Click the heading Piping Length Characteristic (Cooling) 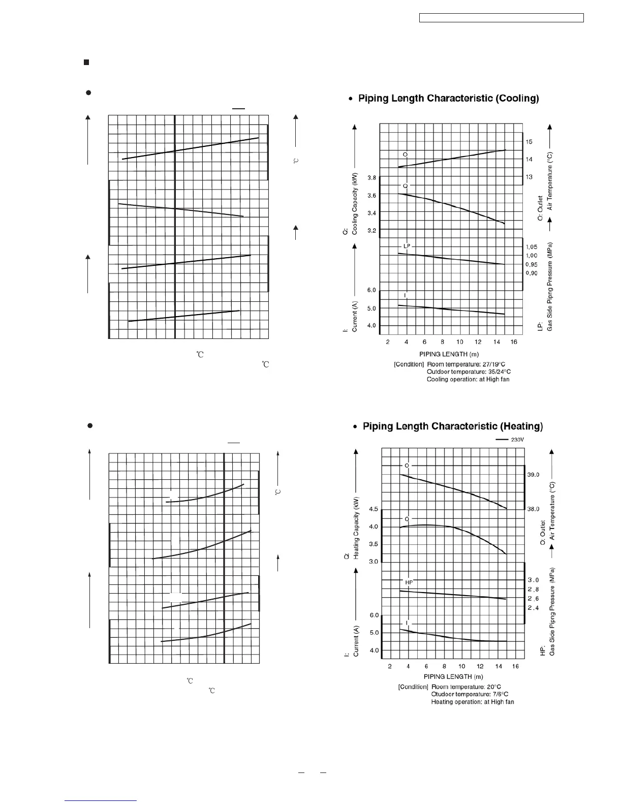pyautogui.click(x=449, y=99)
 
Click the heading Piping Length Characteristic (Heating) pyautogui.click(x=453, y=426)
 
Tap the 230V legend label pyautogui.click(x=517, y=440)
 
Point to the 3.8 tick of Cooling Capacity pyautogui.click(x=372, y=178)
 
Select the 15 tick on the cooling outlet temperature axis pyautogui.click(x=529, y=142)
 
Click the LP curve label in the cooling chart pyautogui.click(x=407, y=246)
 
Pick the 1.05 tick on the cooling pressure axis pyautogui.click(x=531, y=247)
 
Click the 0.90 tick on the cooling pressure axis pyautogui.click(x=531, y=273)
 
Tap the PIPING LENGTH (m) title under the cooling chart pyautogui.click(x=449, y=354)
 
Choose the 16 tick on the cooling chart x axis pyautogui.click(x=514, y=342)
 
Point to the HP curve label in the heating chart pyautogui.click(x=409, y=582)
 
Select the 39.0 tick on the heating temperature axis pyautogui.click(x=533, y=475)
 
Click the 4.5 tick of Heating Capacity pyautogui.click(x=374, y=509)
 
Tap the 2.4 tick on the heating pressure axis pyautogui.click(x=533, y=608)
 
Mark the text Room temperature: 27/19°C pyautogui.click(x=469, y=364)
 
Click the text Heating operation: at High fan pyautogui.click(x=473, y=702)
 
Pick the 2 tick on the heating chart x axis pyautogui.click(x=390, y=666)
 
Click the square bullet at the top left pyautogui.click(x=86, y=63)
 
